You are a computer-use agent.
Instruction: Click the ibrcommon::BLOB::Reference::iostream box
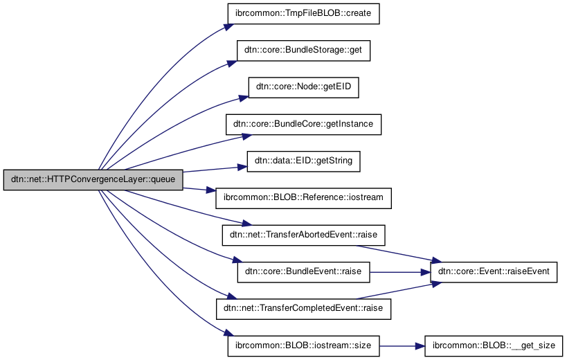(x=304, y=197)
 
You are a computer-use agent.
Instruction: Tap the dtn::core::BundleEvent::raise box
(x=304, y=271)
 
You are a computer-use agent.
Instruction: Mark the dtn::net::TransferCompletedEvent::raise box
(x=304, y=308)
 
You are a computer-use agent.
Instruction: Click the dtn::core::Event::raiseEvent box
(x=494, y=271)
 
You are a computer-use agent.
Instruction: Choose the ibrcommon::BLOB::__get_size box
(x=494, y=345)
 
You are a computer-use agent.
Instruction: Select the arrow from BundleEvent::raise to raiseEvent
(x=400, y=271)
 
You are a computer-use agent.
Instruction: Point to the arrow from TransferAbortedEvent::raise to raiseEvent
(x=408, y=250)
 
